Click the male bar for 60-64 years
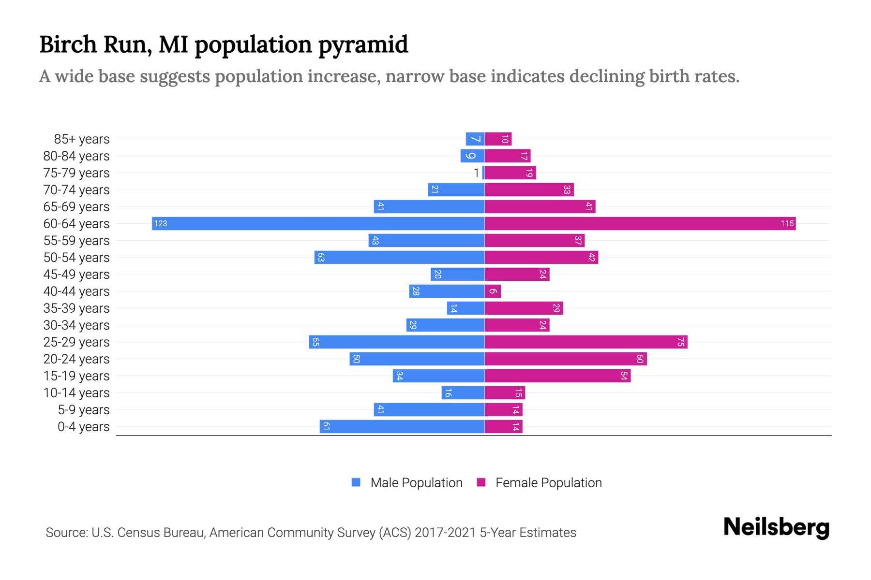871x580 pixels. (318, 223)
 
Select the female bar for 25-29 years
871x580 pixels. (586, 342)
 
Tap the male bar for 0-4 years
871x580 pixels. (402, 427)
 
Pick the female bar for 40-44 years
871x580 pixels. (493, 291)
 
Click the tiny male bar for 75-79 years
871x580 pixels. (483, 173)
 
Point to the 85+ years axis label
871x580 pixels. (82, 139)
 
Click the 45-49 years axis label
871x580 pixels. (76, 275)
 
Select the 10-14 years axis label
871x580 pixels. (76, 393)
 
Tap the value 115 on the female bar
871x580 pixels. (787, 223)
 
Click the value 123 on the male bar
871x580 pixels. (161, 223)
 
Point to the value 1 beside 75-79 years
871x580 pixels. (476, 173)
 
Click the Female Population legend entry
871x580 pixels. (540, 483)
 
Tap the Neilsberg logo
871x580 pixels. (776, 527)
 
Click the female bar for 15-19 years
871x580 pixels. (557, 376)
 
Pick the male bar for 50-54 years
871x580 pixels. (400, 258)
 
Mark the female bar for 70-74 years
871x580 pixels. (529, 190)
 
